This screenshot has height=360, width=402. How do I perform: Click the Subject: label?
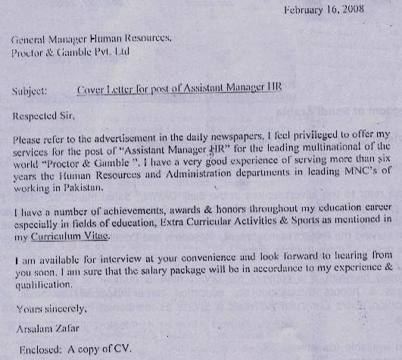tap(31, 89)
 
